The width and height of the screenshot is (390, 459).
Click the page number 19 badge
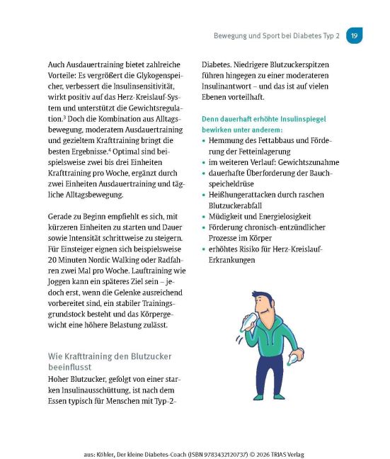pyautogui.click(x=355, y=35)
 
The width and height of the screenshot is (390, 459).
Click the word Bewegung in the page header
pyautogui.click(x=231, y=35)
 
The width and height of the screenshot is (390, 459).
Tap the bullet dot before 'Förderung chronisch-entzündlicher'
pyautogui.click(x=205, y=227)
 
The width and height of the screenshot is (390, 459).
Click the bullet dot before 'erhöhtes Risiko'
pyautogui.click(x=205, y=249)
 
